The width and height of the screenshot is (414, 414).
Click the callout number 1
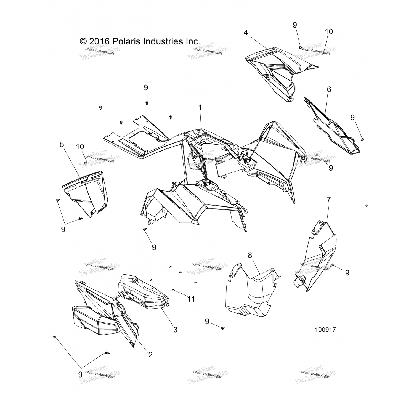200,108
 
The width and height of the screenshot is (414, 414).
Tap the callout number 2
150,354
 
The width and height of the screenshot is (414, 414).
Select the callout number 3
175,329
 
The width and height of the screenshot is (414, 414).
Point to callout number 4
246,33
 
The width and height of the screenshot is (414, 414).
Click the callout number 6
329,89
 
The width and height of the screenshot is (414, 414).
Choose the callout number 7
328,200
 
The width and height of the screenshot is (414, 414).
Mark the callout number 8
250,255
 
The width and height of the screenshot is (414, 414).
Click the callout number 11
191,299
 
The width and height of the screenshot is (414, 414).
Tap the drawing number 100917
326,330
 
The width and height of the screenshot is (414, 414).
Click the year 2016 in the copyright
99,41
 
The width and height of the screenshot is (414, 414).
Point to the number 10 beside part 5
80,147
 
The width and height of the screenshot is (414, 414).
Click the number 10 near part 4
329,31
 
